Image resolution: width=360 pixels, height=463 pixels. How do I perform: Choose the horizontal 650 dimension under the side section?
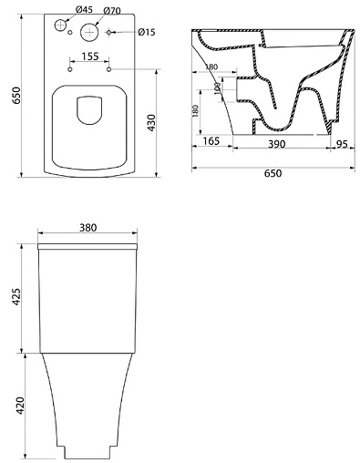click(272, 173)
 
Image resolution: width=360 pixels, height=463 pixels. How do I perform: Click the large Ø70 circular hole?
click(89, 32)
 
